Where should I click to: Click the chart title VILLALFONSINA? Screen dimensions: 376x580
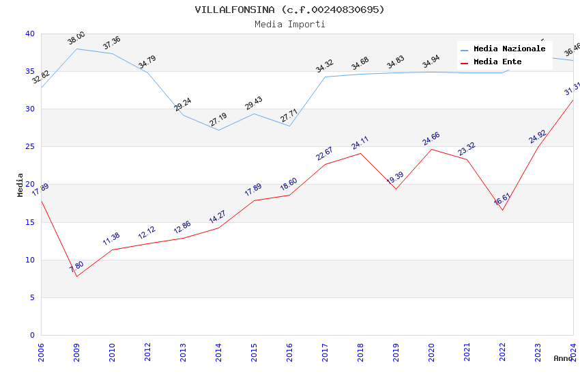click(x=289, y=10)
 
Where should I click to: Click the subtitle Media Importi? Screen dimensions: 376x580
click(x=289, y=24)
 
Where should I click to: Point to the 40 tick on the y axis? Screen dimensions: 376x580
click(x=29, y=34)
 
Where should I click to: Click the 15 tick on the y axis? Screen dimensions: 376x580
click(x=29, y=222)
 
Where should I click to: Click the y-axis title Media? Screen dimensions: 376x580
click(x=20, y=185)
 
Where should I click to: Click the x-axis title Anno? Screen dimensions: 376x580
click(x=563, y=358)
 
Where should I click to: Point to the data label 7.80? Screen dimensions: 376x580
click(x=76, y=267)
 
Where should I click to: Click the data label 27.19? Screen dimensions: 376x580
click(x=218, y=120)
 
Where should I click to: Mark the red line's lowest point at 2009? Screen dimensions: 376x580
click(x=76, y=276)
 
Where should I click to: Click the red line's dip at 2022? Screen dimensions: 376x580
click(x=502, y=210)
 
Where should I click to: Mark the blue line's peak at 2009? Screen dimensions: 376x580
click(x=76, y=49)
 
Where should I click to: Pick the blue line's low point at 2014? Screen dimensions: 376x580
click(x=218, y=130)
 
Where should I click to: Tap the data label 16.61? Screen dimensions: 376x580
click(x=502, y=200)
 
